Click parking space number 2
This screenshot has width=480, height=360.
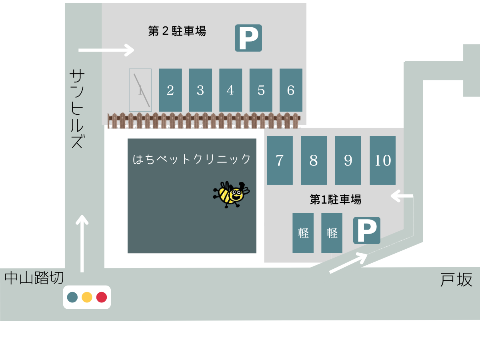(x=170, y=90)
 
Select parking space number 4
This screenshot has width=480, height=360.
(x=230, y=90)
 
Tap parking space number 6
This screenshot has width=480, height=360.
(x=291, y=90)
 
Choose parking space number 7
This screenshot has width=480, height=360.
(x=280, y=160)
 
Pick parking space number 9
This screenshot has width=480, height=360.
(x=348, y=160)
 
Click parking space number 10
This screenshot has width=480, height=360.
(x=382, y=160)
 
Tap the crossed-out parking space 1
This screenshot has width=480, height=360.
(x=140, y=90)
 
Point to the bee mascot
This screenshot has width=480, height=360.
(x=231, y=194)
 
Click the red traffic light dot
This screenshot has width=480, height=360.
(x=102, y=297)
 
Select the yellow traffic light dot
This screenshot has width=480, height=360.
(x=87, y=297)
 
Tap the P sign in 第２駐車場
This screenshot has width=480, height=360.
(x=248, y=38)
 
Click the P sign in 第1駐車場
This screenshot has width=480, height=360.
(x=366, y=230)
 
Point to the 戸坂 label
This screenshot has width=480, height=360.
(x=456, y=280)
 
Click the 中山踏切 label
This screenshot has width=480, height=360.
(x=34, y=278)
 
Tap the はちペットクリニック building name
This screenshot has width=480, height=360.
(x=192, y=159)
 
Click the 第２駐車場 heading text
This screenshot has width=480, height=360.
(x=177, y=31)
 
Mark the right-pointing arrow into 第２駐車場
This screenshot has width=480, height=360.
(x=106, y=50)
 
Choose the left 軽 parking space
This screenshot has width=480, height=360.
(x=303, y=233)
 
